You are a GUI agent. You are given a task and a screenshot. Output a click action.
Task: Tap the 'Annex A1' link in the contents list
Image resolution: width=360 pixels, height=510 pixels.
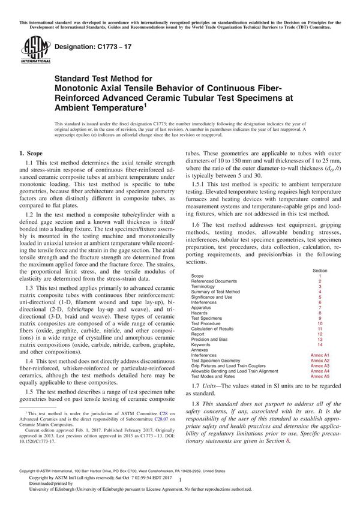point(320,355)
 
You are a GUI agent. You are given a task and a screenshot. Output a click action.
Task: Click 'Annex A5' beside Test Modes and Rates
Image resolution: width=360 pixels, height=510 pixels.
point(320,376)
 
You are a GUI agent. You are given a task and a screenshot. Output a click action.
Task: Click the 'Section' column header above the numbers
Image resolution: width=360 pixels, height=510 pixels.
point(320,271)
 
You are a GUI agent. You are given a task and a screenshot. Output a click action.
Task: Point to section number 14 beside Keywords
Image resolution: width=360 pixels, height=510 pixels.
point(320,345)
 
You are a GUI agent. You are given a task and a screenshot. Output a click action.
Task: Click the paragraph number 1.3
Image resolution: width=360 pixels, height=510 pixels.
point(29,280)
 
